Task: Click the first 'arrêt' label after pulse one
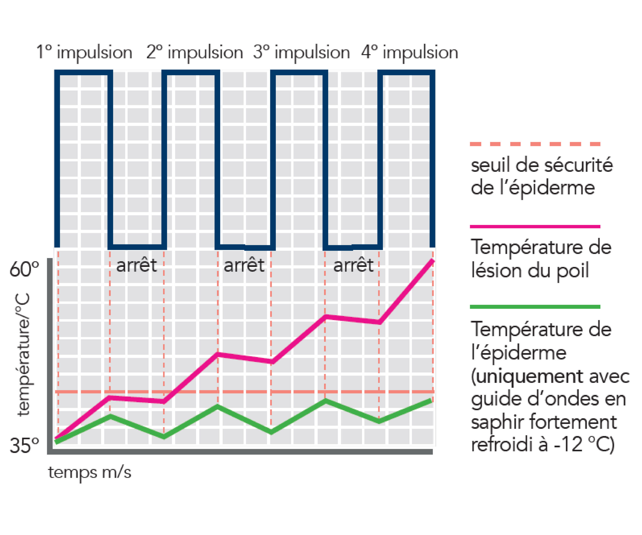pyautogui.click(x=136, y=265)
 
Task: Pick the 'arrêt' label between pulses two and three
pyautogui.click(x=244, y=265)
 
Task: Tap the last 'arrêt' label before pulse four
pyautogui.click(x=353, y=265)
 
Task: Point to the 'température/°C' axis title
pyautogui.click(x=24, y=354)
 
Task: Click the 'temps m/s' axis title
pyautogui.click(x=90, y=472)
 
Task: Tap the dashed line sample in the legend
pyautogui.click(x=535, y=144)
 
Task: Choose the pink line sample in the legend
pyautogui.click(x=535, y=227)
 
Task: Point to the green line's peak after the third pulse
pyautogui.click(x=326, y=401)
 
